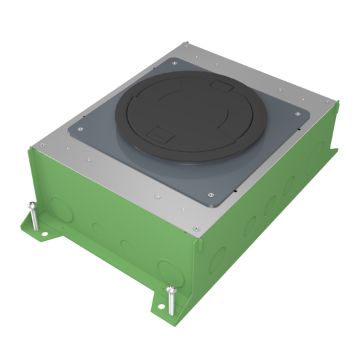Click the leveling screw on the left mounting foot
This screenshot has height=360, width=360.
(x=33, y=216)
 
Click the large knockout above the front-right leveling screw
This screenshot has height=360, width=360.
(x=168, y=268)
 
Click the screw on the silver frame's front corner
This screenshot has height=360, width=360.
(x=196, y=228)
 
